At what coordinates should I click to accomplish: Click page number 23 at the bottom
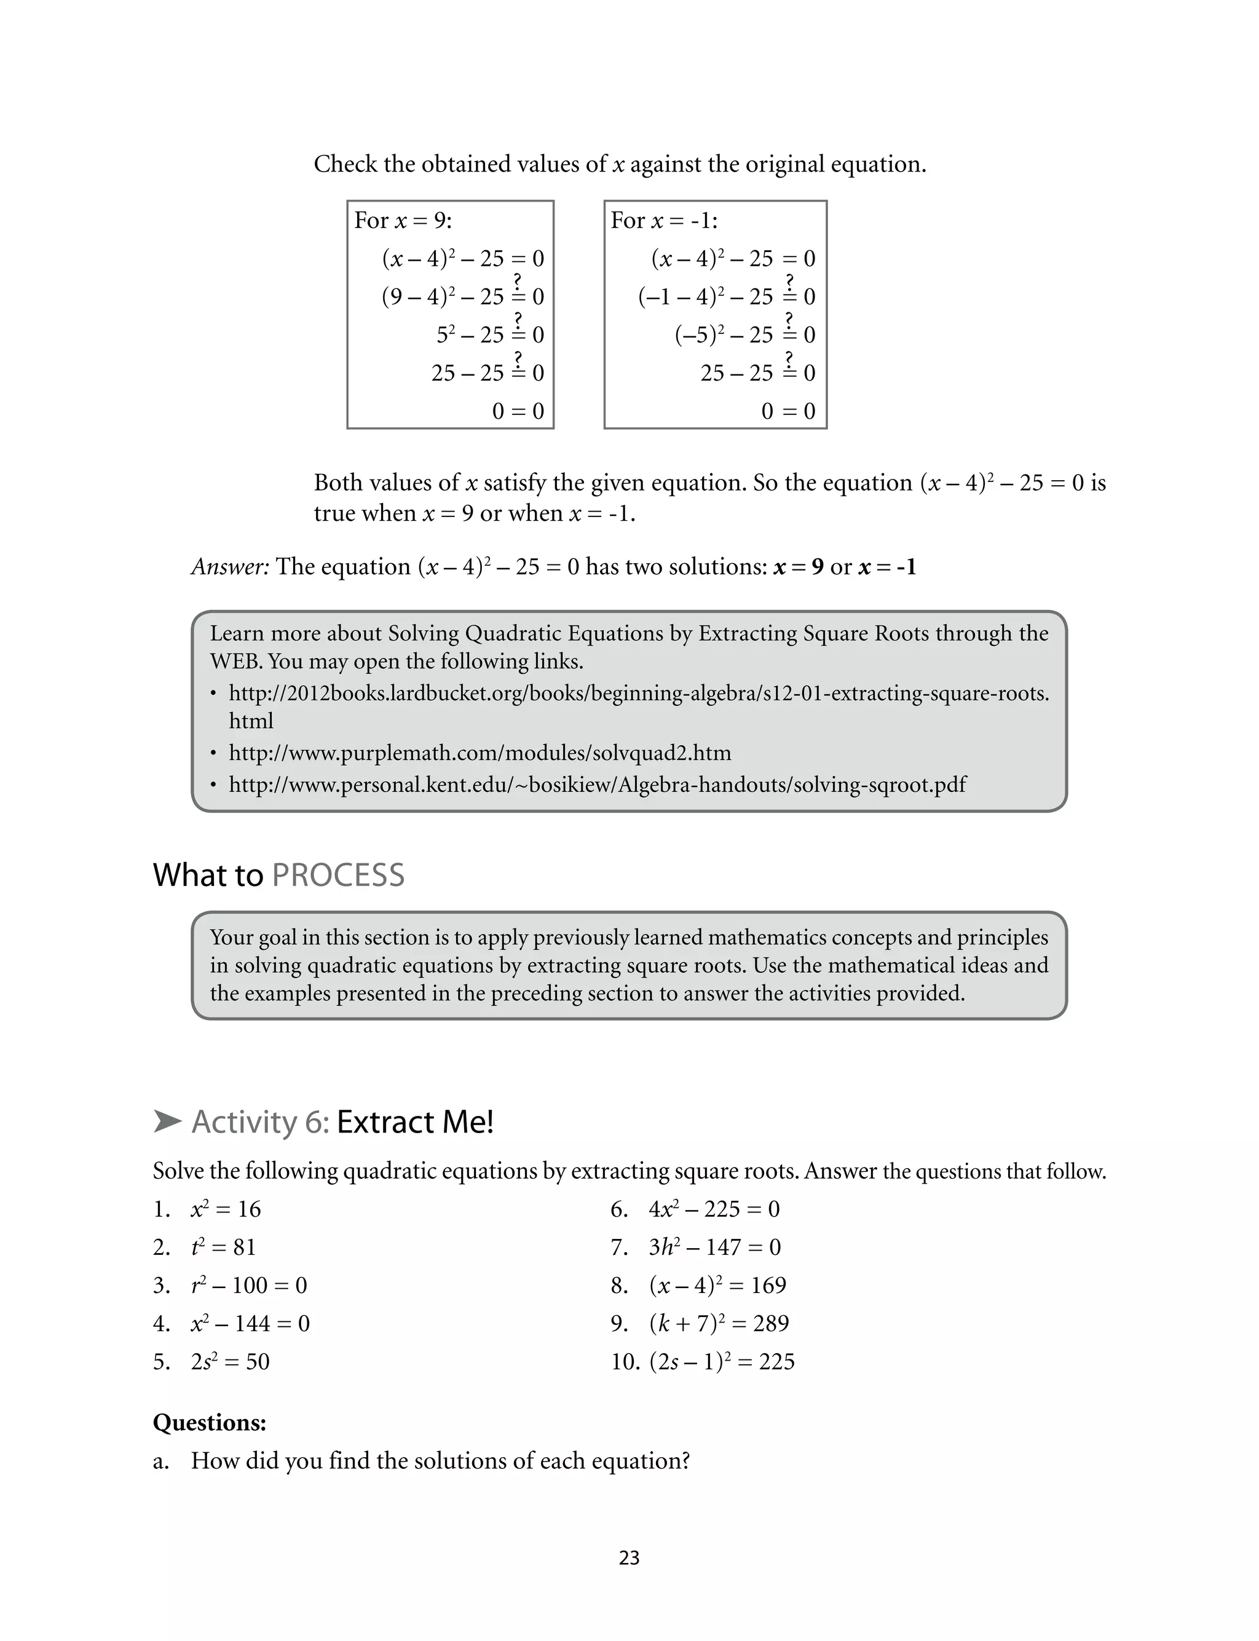629,1558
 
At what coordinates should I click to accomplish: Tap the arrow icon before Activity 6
167,1121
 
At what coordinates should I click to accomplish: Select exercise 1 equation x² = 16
226,1209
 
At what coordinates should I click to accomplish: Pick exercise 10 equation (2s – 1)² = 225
721,1361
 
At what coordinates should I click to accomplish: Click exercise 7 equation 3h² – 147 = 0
714,1247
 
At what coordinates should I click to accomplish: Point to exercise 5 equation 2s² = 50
229,1361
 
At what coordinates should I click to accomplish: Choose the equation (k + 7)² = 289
718,1323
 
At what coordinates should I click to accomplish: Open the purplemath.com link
480,753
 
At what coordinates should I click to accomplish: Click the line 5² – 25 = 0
490,334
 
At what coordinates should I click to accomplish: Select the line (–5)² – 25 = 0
744,334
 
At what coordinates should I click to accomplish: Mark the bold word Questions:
209,1422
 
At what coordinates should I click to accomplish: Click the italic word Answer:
230,566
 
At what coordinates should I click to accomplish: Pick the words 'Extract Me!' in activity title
414,1121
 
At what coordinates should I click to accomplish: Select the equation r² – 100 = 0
249,1285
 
